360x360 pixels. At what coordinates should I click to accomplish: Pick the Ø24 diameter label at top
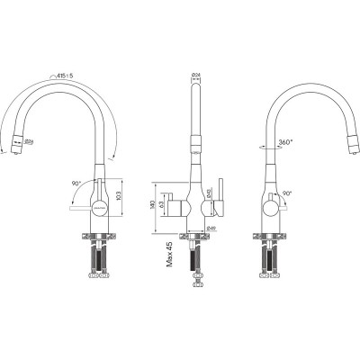pyautogui.click(x=197, y=75)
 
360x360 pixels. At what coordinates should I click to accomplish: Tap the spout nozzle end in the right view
pyautogui.click(x=346, y=144)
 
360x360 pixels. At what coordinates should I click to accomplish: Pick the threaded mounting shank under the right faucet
pyautogui.click(x=268, y=256)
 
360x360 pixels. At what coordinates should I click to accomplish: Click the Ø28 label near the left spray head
pyautogui.click(x=31, y=142)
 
